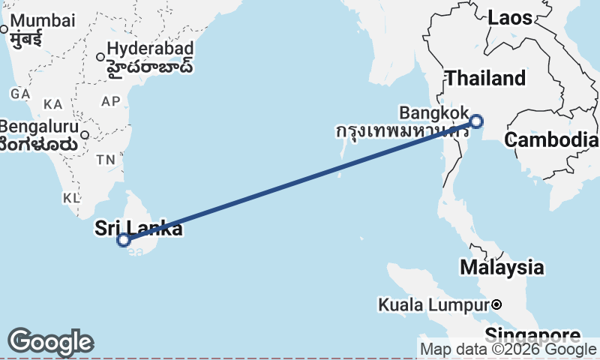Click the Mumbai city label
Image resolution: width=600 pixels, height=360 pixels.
[x=44, y=20]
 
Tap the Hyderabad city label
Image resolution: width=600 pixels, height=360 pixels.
[x=150, y=49]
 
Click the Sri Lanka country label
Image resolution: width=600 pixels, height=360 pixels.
[x=138, y=228]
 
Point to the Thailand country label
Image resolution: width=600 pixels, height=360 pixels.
[x=485, y=78]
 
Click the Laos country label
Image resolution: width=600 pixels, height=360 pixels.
[x=510, y=18]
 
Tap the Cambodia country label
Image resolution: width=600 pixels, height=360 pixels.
[x=551, y=139]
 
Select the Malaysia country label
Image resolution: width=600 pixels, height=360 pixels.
[x=502, y=267]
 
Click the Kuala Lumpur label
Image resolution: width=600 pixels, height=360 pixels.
[x=433, y=305]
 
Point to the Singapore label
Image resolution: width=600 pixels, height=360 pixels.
[x=532, y=334]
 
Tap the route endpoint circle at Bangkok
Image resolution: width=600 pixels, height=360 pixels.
[x=476, y=121]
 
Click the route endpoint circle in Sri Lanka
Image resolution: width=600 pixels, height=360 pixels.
[x=124, y=240]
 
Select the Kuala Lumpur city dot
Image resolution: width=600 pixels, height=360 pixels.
[x=496, y=304]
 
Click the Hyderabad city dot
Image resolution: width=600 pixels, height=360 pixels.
[x=100, y=56]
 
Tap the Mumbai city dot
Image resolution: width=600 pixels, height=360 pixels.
[x=4, y=29]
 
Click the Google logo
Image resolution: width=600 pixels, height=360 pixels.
[x=50, y=342]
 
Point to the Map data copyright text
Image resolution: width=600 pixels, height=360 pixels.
[x=508, y=349]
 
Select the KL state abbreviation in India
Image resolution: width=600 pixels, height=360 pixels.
[x=71, y=198]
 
